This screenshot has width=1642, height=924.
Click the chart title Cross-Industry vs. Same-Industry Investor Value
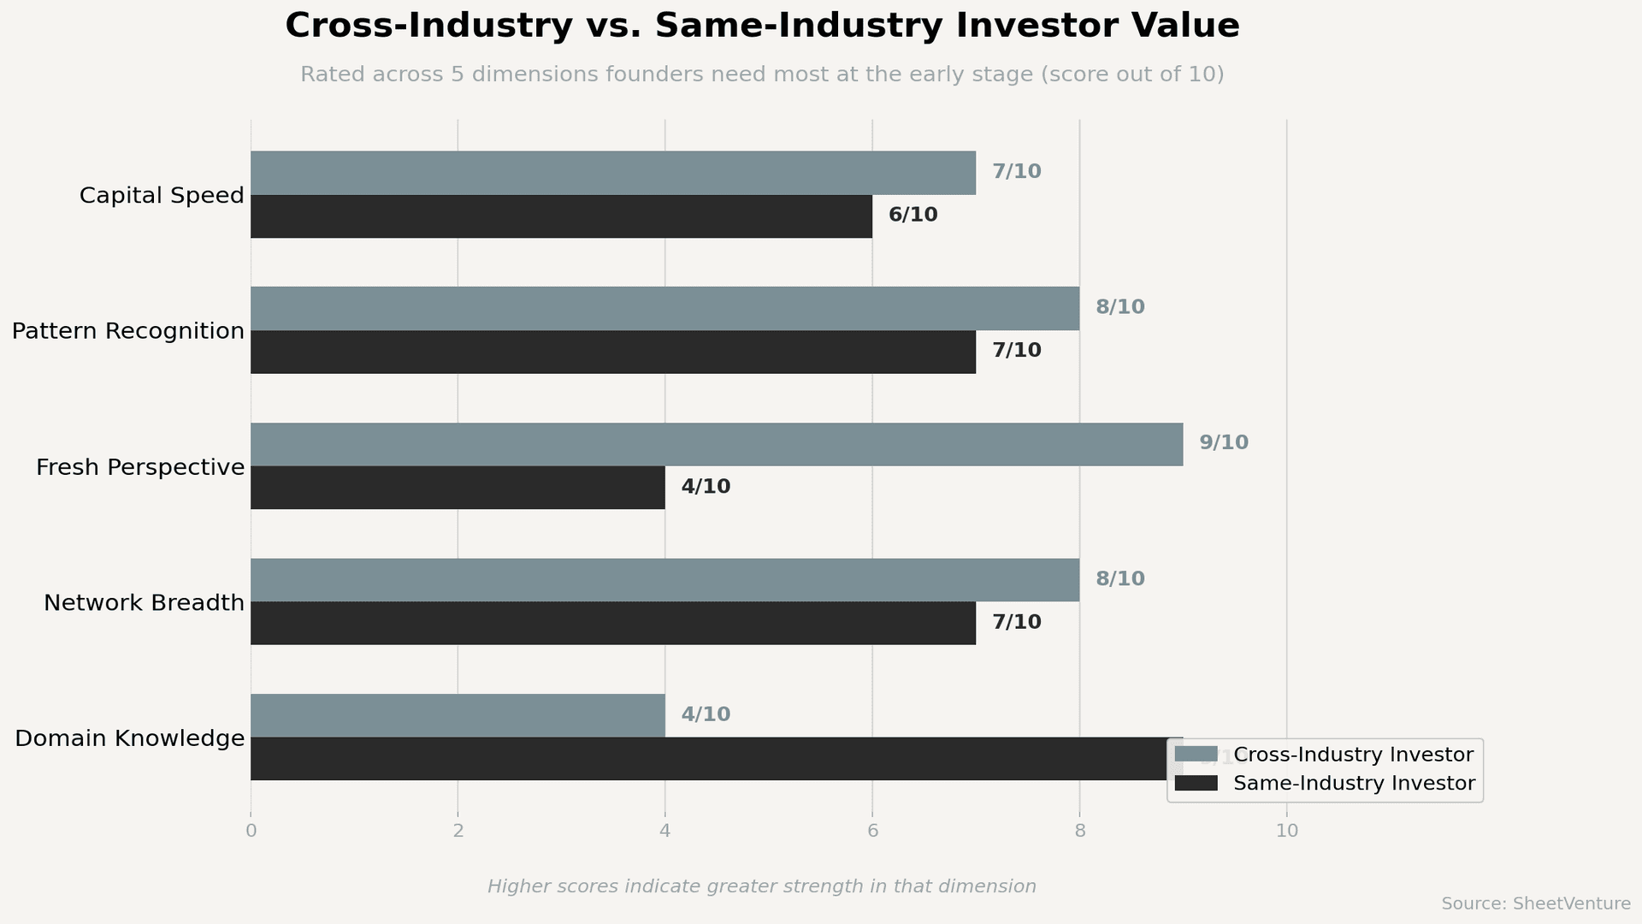pyautogui.click(x=761, y=26)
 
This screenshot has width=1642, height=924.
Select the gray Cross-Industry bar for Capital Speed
pyautogui.click(x=612, y=173)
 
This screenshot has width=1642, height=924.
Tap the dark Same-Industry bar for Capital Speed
pyautogui.click(x=561, y=216)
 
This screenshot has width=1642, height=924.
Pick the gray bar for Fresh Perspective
pyautogui.click(x=717, y=444)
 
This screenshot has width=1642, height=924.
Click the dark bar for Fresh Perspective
pyautogui.click(x=458, y=488)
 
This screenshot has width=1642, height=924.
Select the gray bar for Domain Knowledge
pyautogui.click(x=458, y=715)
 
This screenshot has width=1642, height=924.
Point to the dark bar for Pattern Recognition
pyautogui.click(x=612, y=352)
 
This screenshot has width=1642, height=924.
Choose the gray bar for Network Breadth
pyautogui.click(x=664, y=580)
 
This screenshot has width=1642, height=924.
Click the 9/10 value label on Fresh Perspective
pyautogui.click(x=1223, y=443)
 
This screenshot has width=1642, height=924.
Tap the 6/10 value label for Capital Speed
pyautogui.click(x=913, y=216)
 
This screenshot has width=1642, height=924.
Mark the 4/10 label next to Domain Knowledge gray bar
pyautogui.click(x=706, y=714)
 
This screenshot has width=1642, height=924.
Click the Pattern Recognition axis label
pyautogui.click(x=128, y=331)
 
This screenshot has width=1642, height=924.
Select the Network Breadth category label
pyautogui.click(x=144, y=603)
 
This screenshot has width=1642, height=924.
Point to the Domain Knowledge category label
pyautogui.click(x=130, y=738)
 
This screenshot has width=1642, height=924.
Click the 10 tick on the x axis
pyautogui.click(x=1286, y=831)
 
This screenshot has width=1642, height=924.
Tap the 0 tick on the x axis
pyautogui.click(x=251, y=831)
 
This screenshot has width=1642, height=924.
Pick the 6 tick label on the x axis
pyautogui.click(x=872, y=831)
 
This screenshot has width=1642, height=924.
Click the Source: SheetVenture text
pyautogui.click(x=1535, y=904)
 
